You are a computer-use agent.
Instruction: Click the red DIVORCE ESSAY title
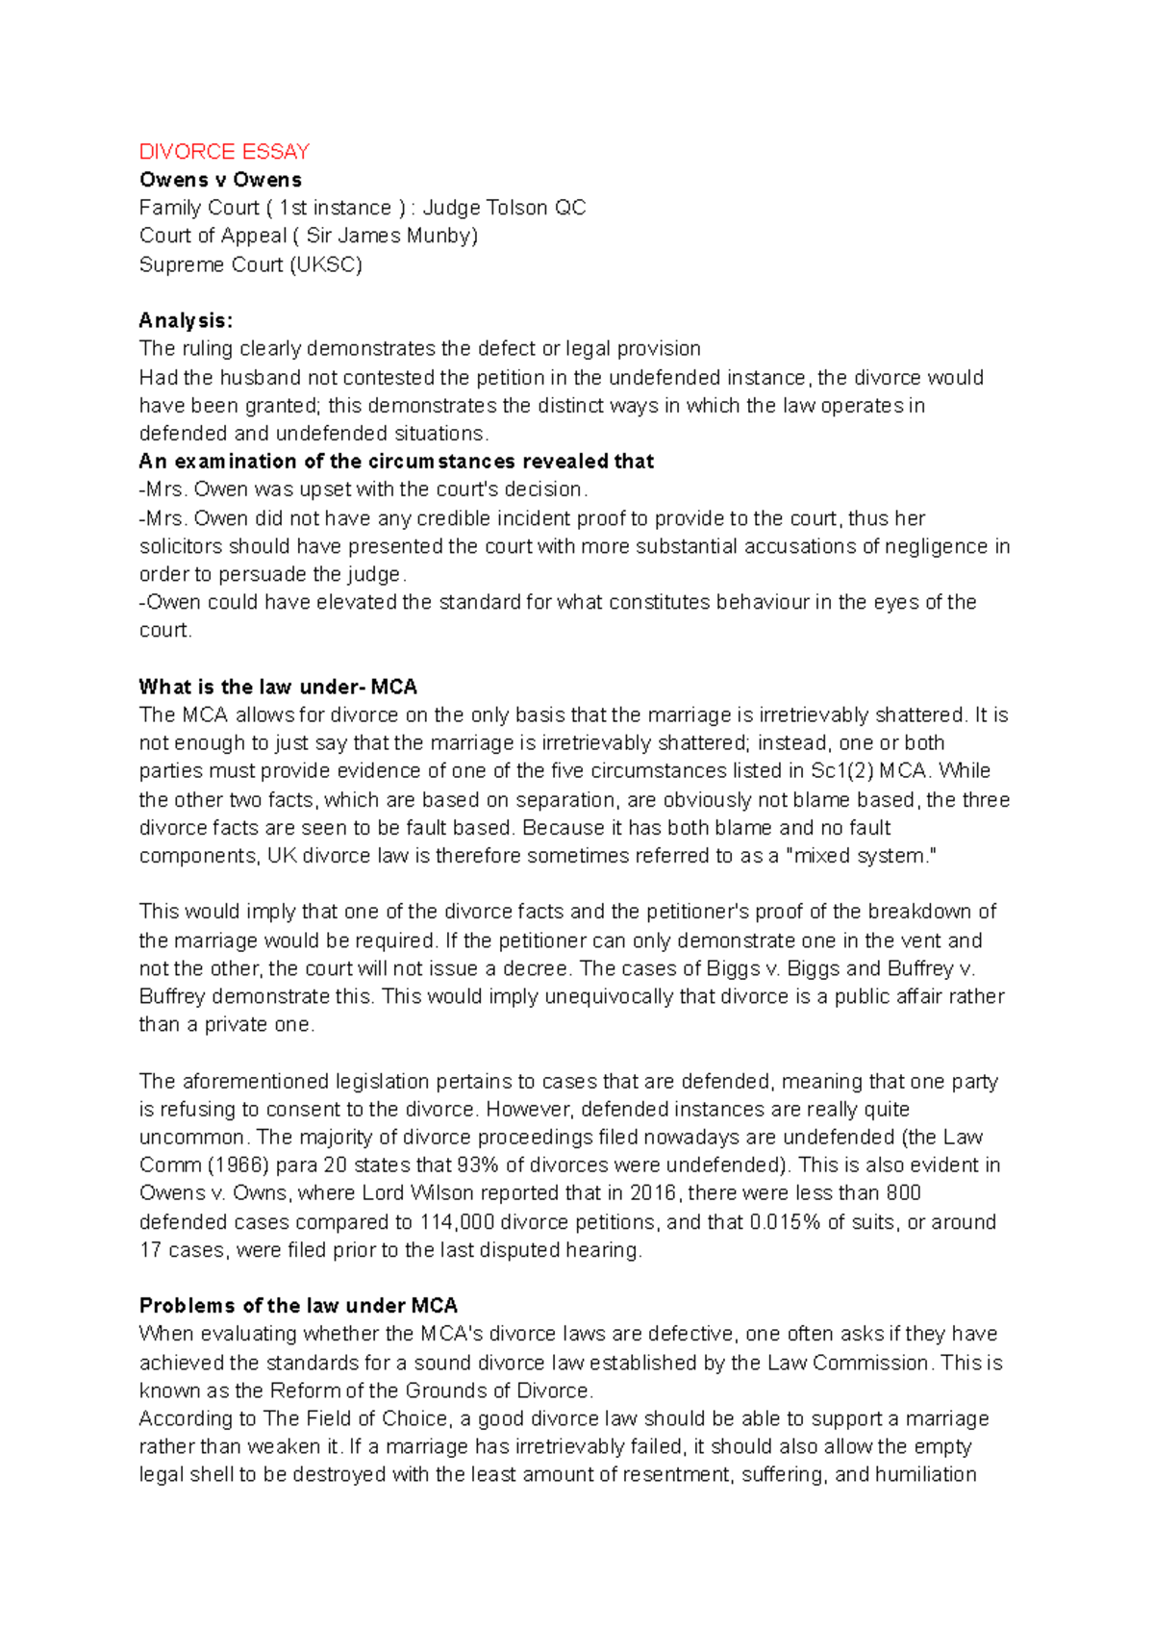224,152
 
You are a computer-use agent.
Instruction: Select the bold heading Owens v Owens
220,180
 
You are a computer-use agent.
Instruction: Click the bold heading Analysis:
186,320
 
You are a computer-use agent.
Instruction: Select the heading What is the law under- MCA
278,687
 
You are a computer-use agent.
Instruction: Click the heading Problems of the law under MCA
298,1306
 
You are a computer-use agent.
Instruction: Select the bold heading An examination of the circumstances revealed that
396,462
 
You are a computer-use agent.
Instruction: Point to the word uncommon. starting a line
192,1138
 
